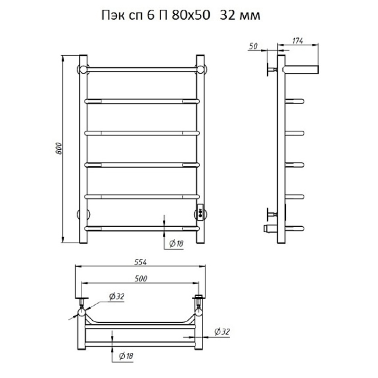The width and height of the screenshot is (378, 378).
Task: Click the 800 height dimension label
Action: click(59, 149)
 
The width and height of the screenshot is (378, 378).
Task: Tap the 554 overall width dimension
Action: click(140, 262)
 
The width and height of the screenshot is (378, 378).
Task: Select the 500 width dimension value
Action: click(141, 279)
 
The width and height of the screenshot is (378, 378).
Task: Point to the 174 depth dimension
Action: click(298, 41)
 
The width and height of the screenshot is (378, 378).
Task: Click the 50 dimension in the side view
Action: click(253, 46)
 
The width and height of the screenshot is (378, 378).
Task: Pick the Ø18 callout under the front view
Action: click(176, 244)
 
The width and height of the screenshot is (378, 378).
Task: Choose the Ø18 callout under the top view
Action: click(126, 356)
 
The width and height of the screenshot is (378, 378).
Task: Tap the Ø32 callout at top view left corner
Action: click(117, 296)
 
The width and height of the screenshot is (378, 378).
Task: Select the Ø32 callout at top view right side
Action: click(222, 332)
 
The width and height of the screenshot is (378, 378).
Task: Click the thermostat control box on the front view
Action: click(200, 212)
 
